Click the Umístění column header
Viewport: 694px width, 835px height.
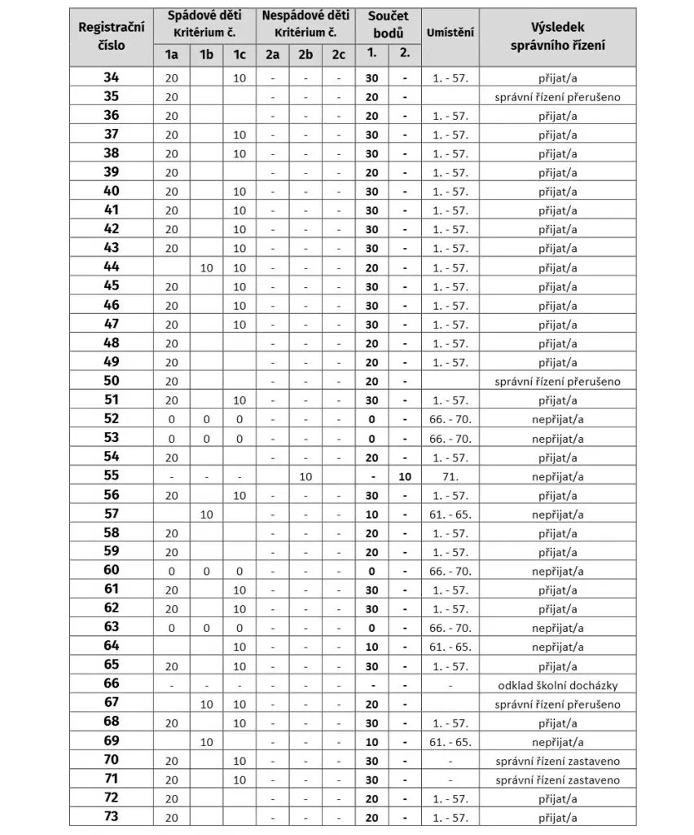450,33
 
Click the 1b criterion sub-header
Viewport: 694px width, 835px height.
206,55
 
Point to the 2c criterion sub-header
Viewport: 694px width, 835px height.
338,55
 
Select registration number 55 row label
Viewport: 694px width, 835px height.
112,476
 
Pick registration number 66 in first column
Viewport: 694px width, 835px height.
112,684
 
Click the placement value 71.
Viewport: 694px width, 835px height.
450,476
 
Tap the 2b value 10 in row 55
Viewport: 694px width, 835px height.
305,476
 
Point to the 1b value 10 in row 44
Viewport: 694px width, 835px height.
206,267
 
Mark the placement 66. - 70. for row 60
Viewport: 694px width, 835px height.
450,571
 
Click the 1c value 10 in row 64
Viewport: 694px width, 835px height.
239,647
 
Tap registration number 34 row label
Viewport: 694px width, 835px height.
112,78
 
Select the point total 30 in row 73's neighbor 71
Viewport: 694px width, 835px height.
371,780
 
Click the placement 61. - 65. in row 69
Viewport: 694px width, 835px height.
450,742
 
